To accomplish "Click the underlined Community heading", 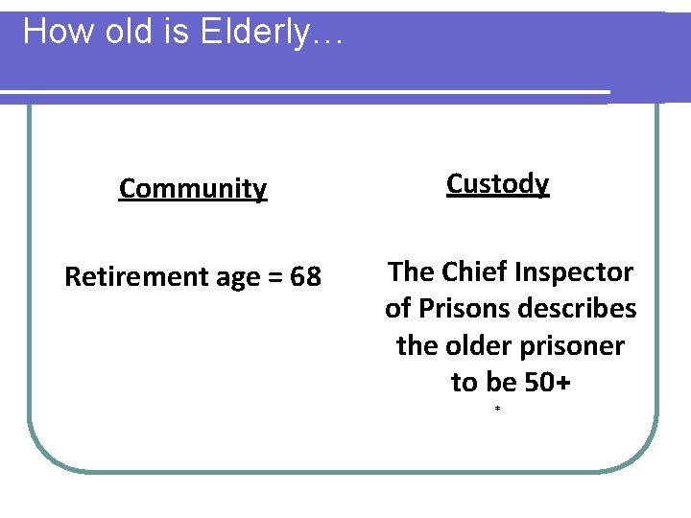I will point(193,189).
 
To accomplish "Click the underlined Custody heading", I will point(497,183).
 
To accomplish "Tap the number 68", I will point(305,277).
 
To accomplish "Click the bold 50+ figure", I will point(548,382).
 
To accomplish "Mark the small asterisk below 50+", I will point(497,410).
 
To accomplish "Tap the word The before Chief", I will point(411,272).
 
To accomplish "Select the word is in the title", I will point(170,32).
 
